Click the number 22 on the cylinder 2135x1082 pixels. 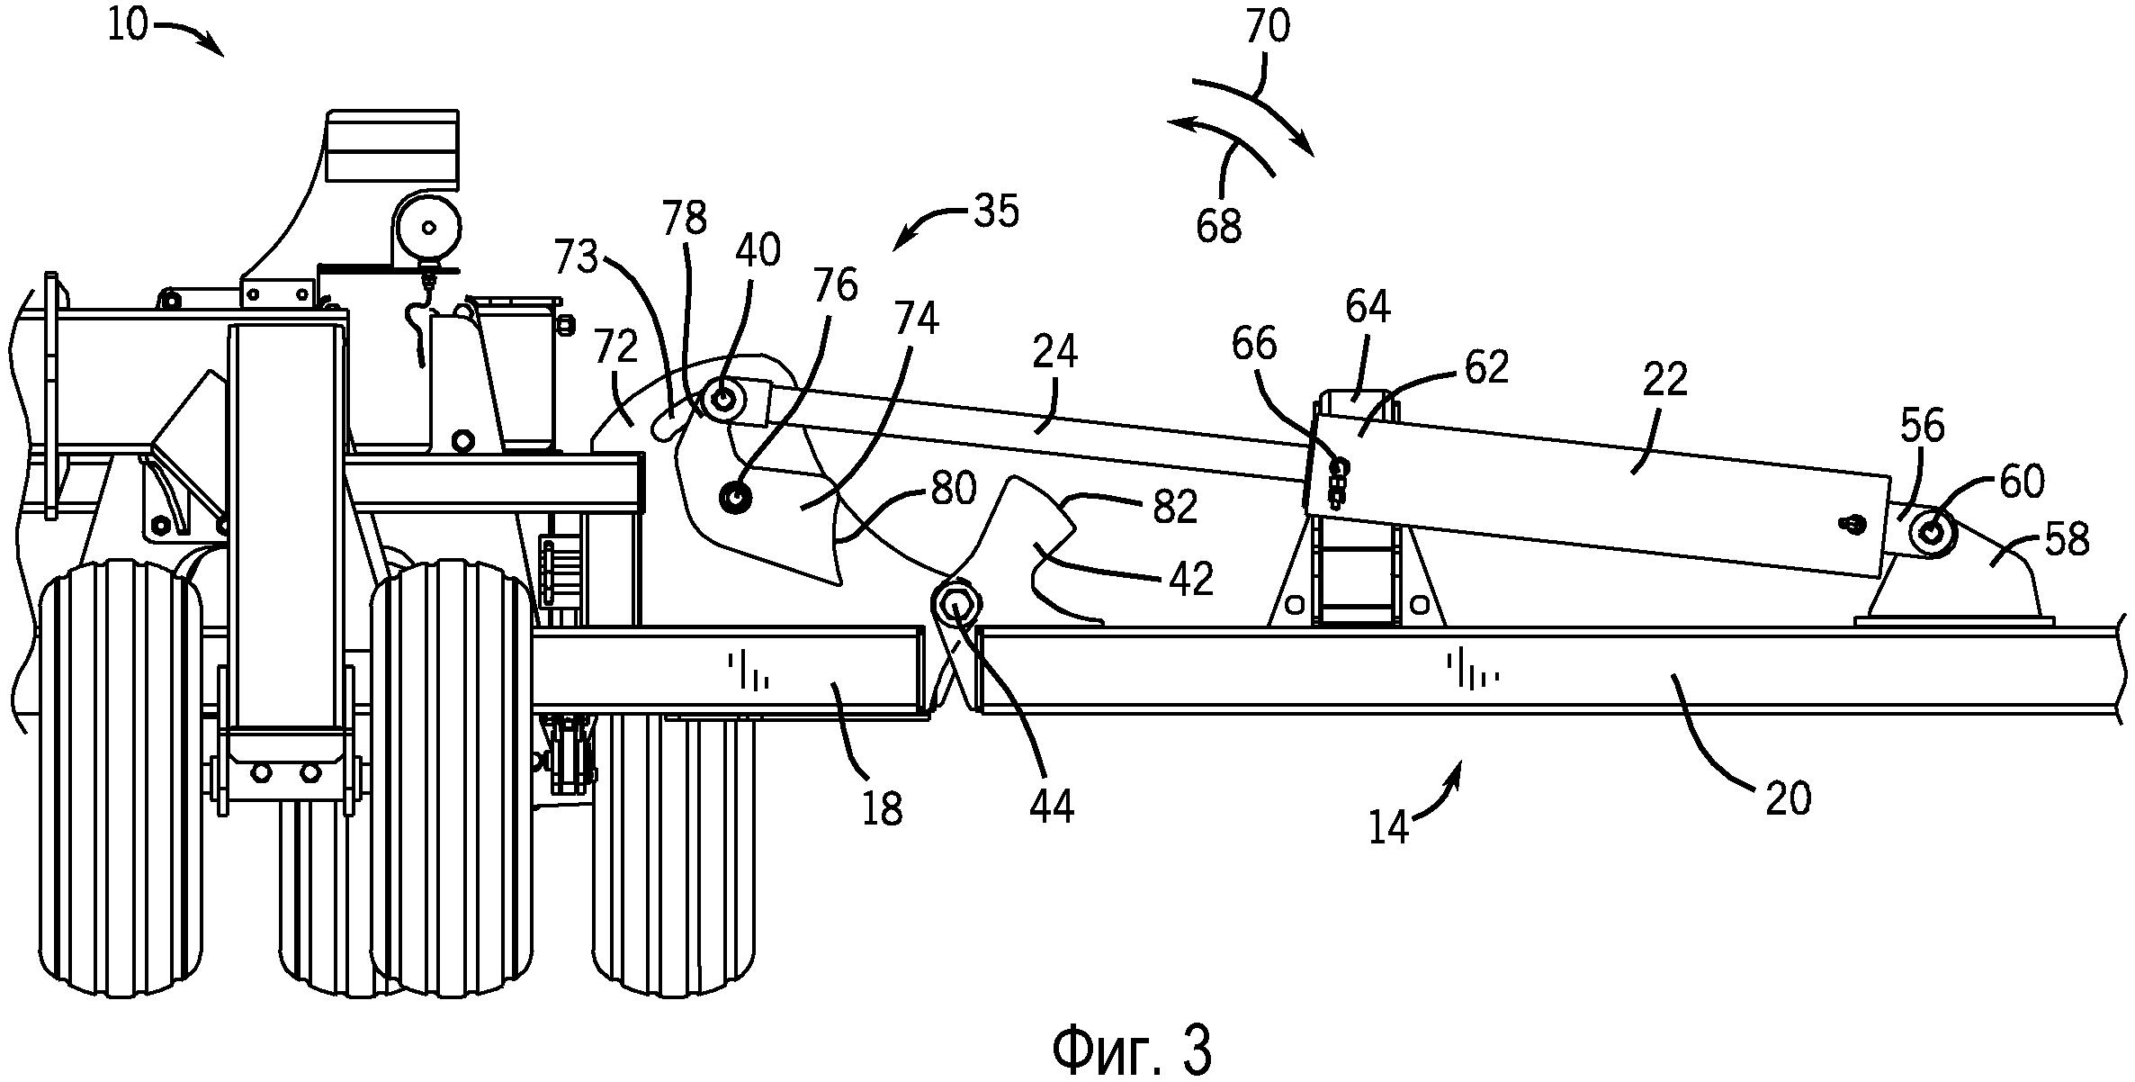point(1664,381)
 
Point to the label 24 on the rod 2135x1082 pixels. point(1055,353)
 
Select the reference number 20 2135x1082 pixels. point(1788,799)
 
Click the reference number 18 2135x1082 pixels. point(882,809)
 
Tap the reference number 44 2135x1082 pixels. point(1050,807)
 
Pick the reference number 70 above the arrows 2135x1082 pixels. point(1268,27)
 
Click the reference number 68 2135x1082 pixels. point(1219,225)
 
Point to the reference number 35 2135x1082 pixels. point(995,211)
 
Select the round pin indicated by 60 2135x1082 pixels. point(1929,533)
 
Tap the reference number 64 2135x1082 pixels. point(1368,309)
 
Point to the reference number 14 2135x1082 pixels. point(1388,827)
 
